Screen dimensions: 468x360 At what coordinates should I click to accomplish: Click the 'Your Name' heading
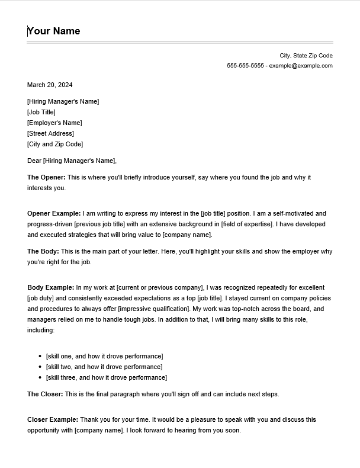(54, 31)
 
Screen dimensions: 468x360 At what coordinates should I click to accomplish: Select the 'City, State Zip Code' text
(306, 55)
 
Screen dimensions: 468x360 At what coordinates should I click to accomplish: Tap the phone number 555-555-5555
(245, 66)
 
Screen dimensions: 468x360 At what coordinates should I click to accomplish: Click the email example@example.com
(301, 66)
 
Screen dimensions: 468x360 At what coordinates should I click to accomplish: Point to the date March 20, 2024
(50, 85)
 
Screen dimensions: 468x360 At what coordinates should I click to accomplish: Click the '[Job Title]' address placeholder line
(41, 112)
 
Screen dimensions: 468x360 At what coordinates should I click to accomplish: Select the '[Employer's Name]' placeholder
(54, 123)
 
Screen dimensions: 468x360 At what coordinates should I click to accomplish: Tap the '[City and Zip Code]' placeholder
(55, 144)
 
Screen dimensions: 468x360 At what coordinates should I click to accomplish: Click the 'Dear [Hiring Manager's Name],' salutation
(72, 161)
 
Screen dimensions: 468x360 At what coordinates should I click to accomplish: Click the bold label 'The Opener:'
(47, 177)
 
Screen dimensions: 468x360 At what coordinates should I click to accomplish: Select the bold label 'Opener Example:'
(54, 213)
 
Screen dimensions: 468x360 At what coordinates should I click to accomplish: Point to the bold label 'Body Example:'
(50, 287)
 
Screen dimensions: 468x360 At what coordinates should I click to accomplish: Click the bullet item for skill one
(104, 356)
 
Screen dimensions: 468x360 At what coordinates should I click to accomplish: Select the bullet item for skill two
(104, 367)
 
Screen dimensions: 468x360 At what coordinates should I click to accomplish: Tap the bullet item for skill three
(107, 377)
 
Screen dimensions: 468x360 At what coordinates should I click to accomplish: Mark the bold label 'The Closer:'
(45, 394)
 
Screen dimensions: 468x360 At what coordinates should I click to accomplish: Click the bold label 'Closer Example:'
(53, 419)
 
